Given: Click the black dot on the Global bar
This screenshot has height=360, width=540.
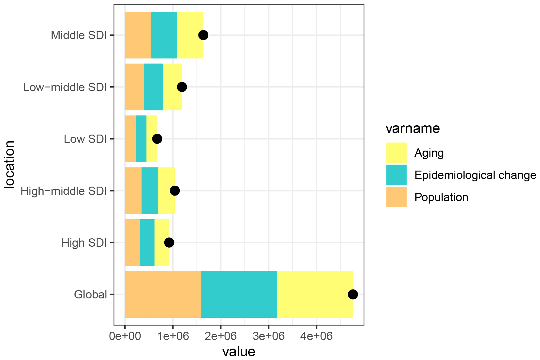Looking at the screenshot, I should point(353,294).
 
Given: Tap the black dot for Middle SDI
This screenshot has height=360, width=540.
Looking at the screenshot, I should point(203,35).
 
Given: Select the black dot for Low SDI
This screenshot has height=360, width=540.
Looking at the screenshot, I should point(157,139).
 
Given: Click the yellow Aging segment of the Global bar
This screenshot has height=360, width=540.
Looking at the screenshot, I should point(315,294).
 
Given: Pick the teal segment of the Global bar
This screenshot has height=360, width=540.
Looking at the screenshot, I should point(239,294).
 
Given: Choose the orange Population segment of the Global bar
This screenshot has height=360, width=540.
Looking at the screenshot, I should point(163,294).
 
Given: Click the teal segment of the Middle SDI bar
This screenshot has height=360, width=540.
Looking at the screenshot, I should point(164,35).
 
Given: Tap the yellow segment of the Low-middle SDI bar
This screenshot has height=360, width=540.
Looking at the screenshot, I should point(172,87).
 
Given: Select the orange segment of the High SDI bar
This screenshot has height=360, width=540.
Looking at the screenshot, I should point(132,243).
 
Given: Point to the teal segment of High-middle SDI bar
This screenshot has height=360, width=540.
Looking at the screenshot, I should point(150,191).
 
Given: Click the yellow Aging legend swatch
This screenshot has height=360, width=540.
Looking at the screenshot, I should point(396,153).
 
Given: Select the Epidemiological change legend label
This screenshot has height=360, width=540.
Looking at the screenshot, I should point(475,175).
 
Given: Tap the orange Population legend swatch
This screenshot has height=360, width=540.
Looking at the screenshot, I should point(396,197).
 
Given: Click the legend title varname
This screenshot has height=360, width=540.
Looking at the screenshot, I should point(413,128).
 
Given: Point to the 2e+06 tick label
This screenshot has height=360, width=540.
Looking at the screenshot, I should point(221,336).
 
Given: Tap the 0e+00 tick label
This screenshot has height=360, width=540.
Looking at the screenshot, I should point(125,336).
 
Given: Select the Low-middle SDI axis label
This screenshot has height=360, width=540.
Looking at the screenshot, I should point(65,87).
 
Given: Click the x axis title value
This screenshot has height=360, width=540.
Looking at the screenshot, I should point(239,351).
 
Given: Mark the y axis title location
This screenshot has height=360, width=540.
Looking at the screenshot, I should point(10,164).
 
